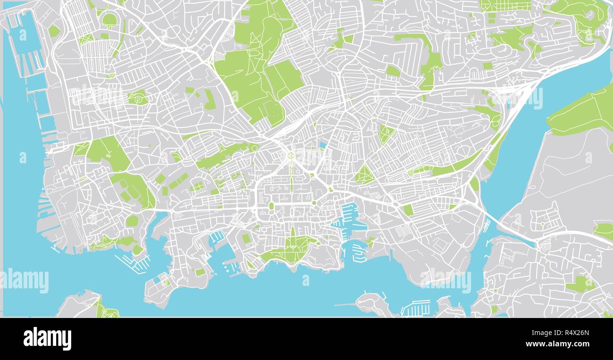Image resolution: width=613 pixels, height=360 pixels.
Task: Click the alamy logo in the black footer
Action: click(x=47, y=339)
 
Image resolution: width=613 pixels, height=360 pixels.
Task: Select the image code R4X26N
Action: click(x=571, y=332)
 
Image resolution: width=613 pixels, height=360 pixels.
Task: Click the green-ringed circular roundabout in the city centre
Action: click(x=291, y=155)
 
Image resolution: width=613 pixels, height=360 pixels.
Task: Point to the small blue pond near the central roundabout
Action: click(x=323, y=145)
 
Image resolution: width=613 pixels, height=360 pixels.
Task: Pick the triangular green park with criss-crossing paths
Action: click(x=364, y=175)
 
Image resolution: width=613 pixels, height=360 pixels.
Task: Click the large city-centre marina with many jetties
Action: click(x=350, y=217)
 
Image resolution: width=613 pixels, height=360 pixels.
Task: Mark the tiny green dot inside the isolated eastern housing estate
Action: click(x=542, y=224)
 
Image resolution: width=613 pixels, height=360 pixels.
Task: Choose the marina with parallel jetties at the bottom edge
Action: click(x=415, y=308)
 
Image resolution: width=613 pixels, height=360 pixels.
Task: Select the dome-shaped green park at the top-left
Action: click(x=109, y=20)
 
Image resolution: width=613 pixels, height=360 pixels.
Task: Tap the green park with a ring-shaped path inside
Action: click(x=138, y=98)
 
